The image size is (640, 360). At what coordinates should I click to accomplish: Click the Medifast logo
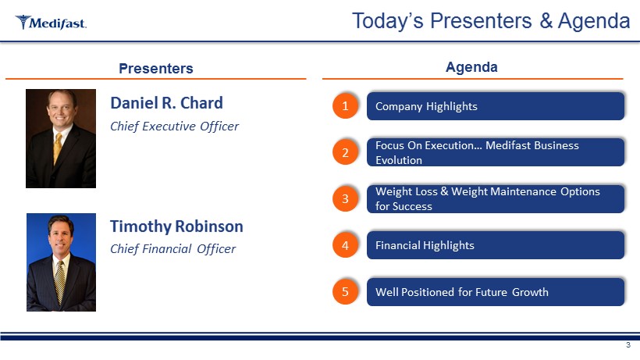tap(51, 23)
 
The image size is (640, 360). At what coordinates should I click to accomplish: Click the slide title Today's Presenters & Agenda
tap(491, 21)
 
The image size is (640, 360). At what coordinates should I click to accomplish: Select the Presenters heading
tap(156, 68)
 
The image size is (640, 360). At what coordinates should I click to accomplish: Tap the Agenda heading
tap(471, 67)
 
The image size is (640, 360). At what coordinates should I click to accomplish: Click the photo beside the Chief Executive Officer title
tap(61, 138)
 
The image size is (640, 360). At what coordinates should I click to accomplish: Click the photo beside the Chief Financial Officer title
tap(61, 262)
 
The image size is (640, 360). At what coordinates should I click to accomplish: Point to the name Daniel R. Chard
tap(166, 103)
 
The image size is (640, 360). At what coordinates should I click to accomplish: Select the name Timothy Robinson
tap(176, 226)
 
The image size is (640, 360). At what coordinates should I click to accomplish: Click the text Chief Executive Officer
tap(174, 127)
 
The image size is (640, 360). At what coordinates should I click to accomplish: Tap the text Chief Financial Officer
tap(172, 249)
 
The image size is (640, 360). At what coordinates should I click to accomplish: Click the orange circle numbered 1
tap(345, 106)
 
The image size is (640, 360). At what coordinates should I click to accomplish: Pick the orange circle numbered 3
tap(345, 199)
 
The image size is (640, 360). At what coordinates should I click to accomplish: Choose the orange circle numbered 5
tap(345, 292)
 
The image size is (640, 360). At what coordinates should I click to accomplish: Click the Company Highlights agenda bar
tap(496, 106)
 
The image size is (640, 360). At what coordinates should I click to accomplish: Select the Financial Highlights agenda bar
tap(496, 245)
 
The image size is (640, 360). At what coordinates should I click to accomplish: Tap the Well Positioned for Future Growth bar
tap(496, 292)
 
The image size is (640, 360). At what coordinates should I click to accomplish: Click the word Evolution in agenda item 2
tap(399, 160)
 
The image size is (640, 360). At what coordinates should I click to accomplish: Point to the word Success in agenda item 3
tap(412, 206)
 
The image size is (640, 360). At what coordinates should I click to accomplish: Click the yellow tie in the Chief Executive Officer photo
tap(58, 148)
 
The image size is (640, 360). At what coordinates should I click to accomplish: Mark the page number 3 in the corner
tap(628, 345)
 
